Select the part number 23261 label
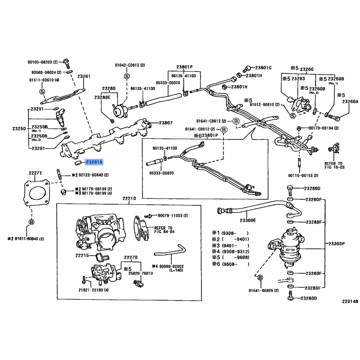coord(84,76)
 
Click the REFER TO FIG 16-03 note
coord(333,165)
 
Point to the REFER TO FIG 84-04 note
coord(163,230)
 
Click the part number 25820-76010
coord(140,273)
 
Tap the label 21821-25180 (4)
coord(94,290)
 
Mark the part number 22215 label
coord(83,256)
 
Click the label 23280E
coord(102,96)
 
